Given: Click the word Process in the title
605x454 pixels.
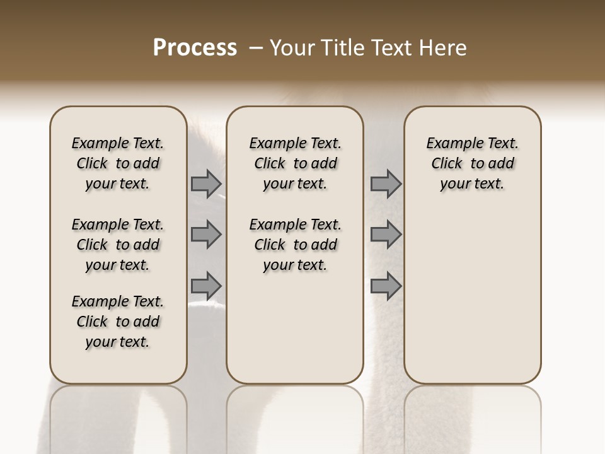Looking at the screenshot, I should [x=195, y=48].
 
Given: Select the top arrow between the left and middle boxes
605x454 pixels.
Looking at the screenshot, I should [x=206, y=184].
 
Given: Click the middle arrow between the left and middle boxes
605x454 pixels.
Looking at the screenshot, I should [x=206, y=235].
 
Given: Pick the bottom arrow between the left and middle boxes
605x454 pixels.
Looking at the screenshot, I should [x=206, y=286].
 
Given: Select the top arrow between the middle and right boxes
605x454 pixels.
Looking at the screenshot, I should [x=386, y=184].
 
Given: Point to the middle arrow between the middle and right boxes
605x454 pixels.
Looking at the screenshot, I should [x=386, y=235].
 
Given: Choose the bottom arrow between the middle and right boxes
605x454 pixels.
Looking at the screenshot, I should [x=386, y=286].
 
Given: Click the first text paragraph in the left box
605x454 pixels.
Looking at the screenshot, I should [x=118, y=163].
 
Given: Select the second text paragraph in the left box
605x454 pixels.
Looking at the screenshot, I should [x=118, y=245].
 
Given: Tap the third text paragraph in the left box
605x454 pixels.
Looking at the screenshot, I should [x=118, y=322].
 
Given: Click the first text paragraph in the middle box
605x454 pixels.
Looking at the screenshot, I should [x=295, y=163].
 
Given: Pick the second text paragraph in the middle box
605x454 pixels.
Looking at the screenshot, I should [x=295, y=245].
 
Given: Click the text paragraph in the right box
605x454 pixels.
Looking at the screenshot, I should [x=473, y=163].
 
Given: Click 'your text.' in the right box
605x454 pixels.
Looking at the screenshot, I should [x=473, y=184].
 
